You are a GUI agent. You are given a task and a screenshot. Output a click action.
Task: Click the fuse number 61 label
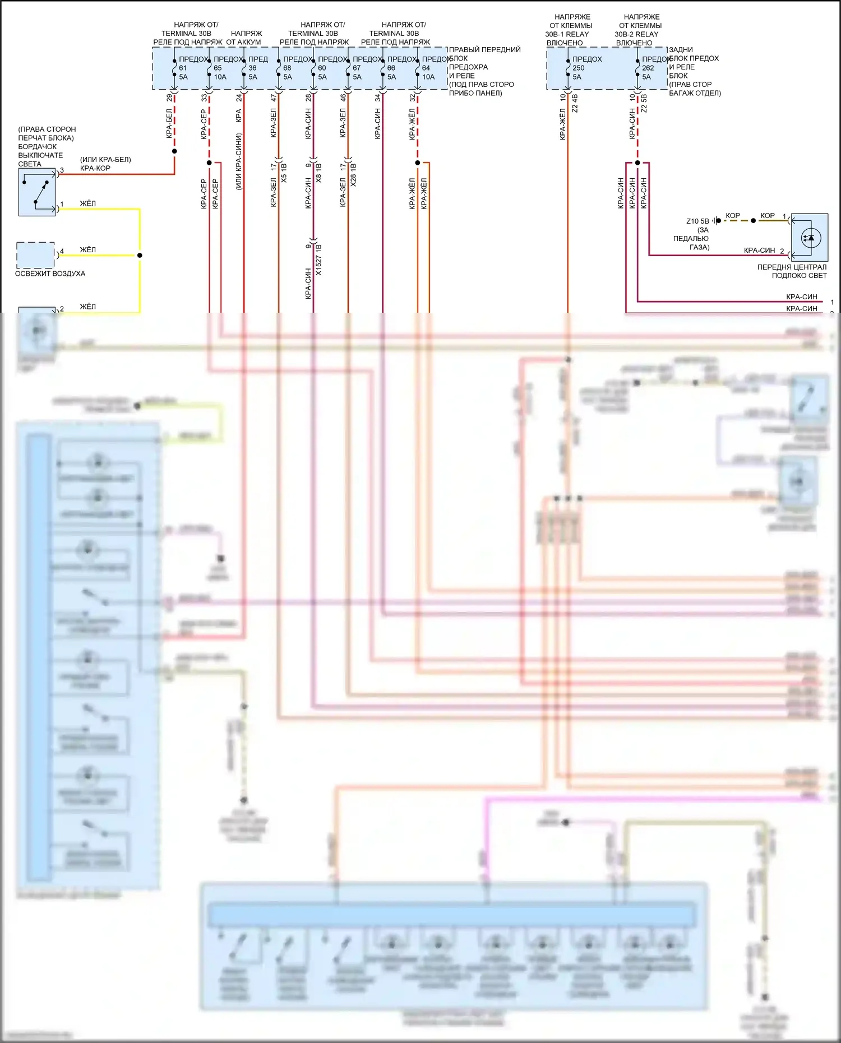coord(183,68)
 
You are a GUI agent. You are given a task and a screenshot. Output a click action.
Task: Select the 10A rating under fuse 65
coord(220,77)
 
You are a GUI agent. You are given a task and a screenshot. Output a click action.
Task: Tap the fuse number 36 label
coord(252,68)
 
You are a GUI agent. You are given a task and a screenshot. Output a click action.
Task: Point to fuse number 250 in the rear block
coord(578,68)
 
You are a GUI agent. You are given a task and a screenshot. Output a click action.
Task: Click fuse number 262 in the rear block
coord(648,68)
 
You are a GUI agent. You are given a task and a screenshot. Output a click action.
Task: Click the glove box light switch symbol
coord(37,192)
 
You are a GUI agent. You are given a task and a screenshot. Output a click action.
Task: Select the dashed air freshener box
coord(35,255)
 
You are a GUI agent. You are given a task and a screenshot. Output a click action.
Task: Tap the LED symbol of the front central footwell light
coord(810,238)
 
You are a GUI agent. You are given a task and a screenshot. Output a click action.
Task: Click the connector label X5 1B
coord(284,173)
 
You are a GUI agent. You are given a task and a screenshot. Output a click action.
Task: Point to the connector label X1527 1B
coord(318,259)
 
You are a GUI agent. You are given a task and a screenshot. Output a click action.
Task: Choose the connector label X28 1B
coord(353,174)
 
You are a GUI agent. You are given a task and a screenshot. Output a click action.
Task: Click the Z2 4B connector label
coord(575,103)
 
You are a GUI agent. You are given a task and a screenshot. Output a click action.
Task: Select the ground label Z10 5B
coord(697,221)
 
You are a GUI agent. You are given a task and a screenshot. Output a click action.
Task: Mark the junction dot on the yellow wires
coord(140,255)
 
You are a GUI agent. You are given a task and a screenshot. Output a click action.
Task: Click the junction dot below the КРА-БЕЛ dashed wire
coord(174,151)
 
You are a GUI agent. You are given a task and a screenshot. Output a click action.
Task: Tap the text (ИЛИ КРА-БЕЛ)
coord(105,160)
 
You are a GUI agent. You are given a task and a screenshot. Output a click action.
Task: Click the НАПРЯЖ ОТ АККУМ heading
coord(245,38)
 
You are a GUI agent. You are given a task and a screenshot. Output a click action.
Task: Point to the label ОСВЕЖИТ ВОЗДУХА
coord(50,274)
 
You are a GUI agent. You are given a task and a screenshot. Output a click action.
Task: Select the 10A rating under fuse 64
coord(428,77)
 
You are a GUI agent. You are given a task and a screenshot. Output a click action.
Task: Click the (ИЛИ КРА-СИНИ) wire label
coord(239,161)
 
